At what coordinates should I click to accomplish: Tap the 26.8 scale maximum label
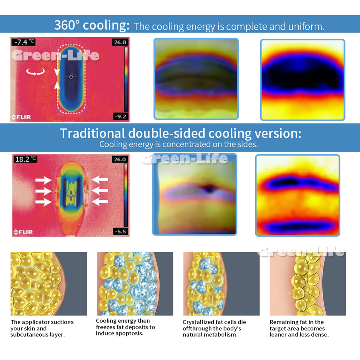120,42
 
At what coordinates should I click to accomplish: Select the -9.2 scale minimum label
121,116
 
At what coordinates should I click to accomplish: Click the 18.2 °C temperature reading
25,159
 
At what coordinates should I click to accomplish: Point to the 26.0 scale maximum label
120,159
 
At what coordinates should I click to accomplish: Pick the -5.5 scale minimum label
121,231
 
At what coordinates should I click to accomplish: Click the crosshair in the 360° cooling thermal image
71,77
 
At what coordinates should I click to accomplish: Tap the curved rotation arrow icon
36,72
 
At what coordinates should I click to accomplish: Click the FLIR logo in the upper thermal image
21,117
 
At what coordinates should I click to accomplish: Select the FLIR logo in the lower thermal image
23,232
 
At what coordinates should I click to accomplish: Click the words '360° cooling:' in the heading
92,25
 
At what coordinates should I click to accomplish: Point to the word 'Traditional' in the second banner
92,133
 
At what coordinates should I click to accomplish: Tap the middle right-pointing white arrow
43,191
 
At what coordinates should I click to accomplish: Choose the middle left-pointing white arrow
100,190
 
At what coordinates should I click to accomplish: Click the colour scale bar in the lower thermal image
126,195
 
